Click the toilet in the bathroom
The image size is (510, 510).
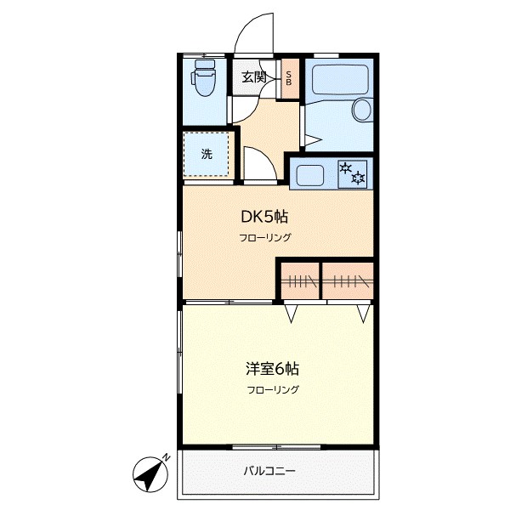pos(205,81)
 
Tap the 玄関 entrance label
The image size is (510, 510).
pos(253,77)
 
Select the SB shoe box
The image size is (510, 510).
pos(289,78)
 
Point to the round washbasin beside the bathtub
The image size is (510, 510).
pos(362,110)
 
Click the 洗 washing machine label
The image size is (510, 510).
pos(207,155)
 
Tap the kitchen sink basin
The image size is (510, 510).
pos(308,175)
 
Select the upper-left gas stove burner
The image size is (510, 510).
pos(346,168)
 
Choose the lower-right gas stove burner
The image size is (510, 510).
pos(360,178)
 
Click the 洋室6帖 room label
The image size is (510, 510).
pos(272,369)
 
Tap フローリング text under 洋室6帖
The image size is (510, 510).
pos(273,390)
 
